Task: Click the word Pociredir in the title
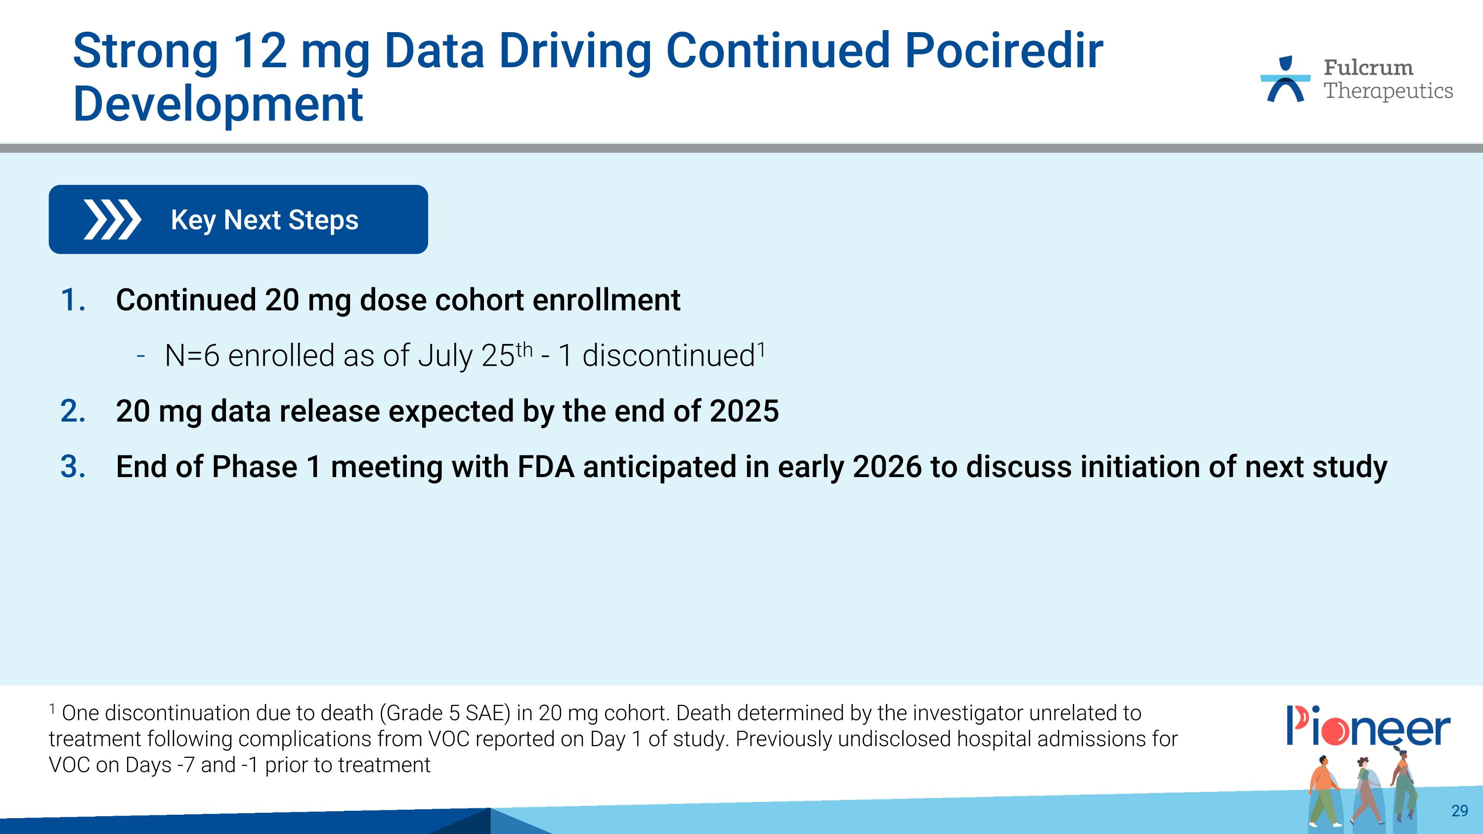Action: click(x=1003, y=52)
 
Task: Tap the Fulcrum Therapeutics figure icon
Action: click(x=1285, y=80)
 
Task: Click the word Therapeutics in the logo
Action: click(x=1388, y=91)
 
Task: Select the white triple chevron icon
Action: click(x=112, y=219)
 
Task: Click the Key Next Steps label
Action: click(x=264, y=220)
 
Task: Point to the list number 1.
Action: click(x=73, y=301)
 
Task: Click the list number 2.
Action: click(x=73, y=411)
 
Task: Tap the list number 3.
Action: click(x=73, y=467)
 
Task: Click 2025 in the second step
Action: click(x=744, y=411)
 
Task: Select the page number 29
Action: click(x=1459, y=810)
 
